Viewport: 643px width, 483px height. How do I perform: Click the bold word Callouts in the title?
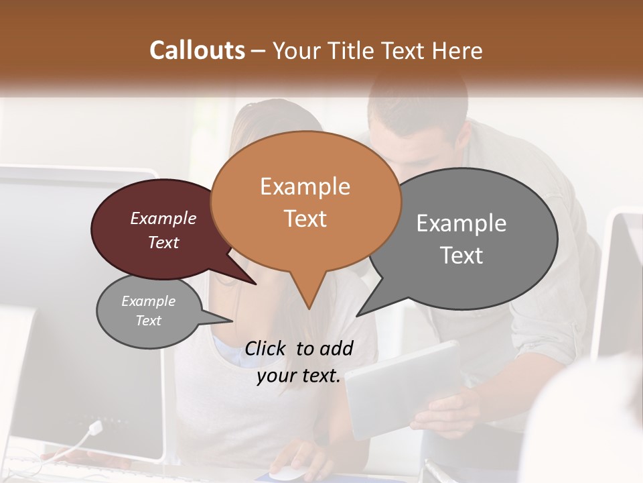(x=197, y=50)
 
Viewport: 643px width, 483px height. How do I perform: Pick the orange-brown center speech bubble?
(x=305, y=201)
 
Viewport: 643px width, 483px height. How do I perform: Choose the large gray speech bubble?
(x=469, y=238)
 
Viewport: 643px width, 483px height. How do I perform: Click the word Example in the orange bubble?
(x=305, y=186)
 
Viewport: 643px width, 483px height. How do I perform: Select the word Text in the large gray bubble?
(x=461, y=256)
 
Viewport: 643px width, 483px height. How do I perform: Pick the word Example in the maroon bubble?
(x=163, y=219)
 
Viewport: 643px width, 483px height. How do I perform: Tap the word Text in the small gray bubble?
(x=149, y=321)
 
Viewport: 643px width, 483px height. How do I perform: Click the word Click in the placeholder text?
(x=267, y=348)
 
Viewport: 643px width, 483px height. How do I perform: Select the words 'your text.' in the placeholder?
(x=299, y=376)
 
